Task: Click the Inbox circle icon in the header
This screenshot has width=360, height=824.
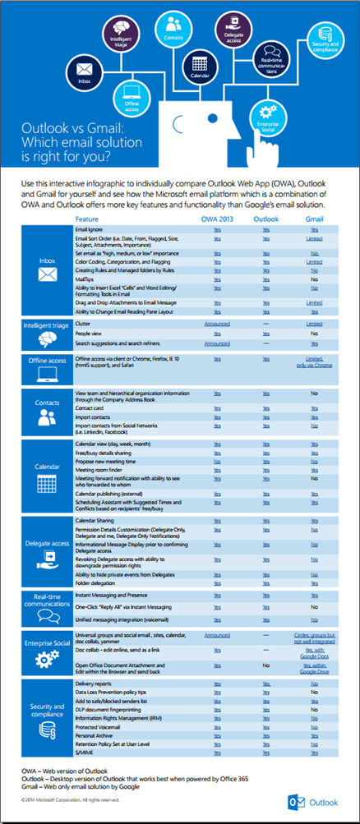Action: [x=84, y=68]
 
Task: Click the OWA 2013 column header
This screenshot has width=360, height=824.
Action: [x=217, y=219]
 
